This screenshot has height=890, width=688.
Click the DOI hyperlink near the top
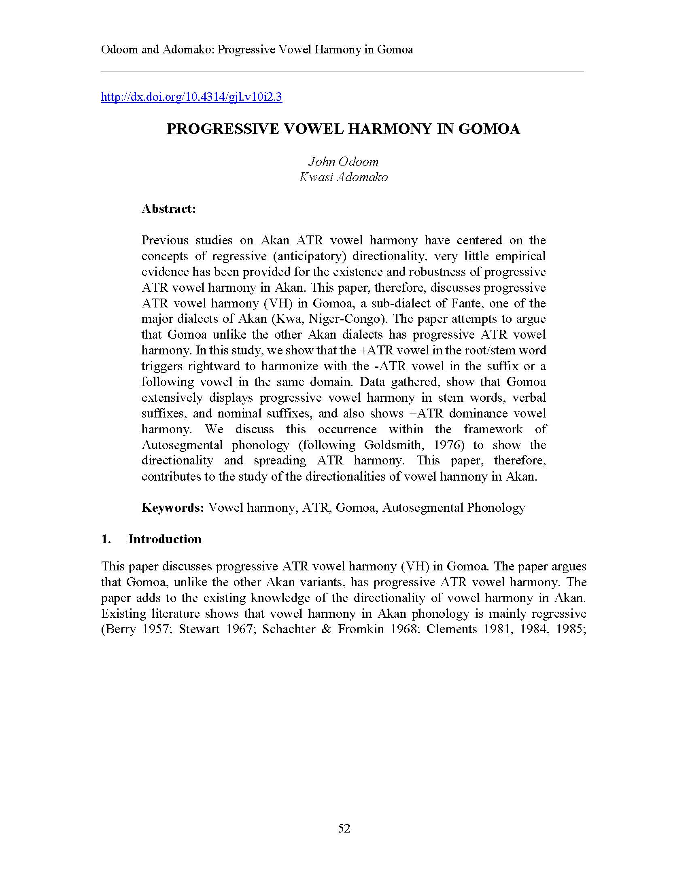191,97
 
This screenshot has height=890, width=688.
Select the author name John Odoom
343,162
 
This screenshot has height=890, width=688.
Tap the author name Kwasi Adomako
343,177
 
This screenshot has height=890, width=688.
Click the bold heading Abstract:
169,209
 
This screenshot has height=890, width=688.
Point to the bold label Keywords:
172,508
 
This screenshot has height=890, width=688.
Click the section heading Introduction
165,539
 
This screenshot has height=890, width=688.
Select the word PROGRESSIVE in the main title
223,129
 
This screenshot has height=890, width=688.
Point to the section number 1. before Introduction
106,539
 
